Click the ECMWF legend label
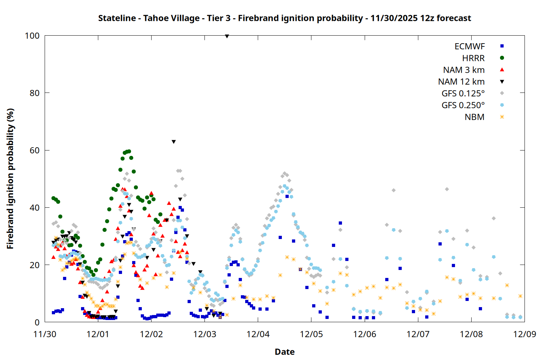tap(469, 46)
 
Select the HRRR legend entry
tap(473, 58)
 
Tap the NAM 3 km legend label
tap(464, 70)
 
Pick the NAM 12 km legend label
tap(461, 82)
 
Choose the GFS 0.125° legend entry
tap(463, 94)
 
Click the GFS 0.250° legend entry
tap(463, 105)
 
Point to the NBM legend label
tap(474, 117)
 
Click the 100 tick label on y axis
tap(32, 36)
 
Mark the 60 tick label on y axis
tap(35, 150)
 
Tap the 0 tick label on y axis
tap(37, 323)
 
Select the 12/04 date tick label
tap(258, 334)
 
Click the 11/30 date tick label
tap(45, 334)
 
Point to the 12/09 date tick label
tap(525, 334)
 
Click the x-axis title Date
tap(284, 352)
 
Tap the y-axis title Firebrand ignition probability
tap(10, 179)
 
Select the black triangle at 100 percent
tap(227, 36)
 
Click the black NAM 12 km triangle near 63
tap(174, 142)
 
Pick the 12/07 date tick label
tap(418, 334)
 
